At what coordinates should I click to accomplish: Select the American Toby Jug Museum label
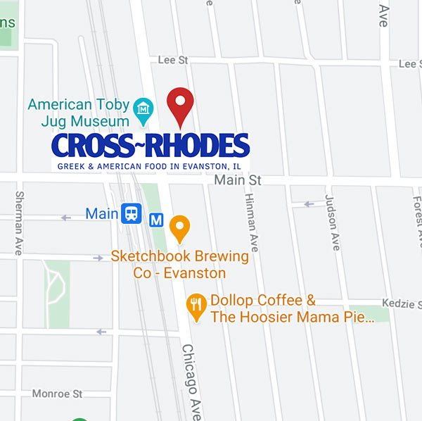click(79, 113)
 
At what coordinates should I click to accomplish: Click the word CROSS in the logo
click(94, 146)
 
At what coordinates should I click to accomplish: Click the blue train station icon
click(131, 213)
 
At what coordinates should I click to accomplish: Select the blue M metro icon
click(158, 220)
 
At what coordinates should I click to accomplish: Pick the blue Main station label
click(101, 213)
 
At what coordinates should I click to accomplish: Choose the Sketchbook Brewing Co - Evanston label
click(179, 265)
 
